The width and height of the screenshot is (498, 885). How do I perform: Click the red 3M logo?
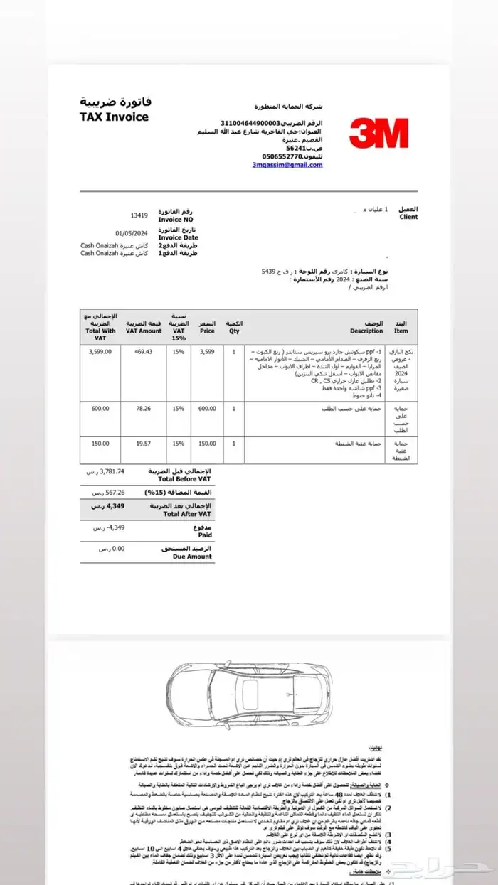pyautogui.click(x=378, y=133)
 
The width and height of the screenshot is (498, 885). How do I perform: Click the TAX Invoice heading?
pyautogui.click(x=115, y=117)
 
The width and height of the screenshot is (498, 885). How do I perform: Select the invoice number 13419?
pyautogui.click(x=138, y=215)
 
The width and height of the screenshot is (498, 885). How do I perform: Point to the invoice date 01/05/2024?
pyautogui.click(x=132, y=232)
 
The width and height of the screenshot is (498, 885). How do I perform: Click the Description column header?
pyautogui.click(x=367, y=331)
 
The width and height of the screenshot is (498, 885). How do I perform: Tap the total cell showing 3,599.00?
pyautogui.click(x=100, y=351)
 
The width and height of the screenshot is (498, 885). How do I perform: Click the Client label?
pyautogui.click(x=408, y=217)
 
